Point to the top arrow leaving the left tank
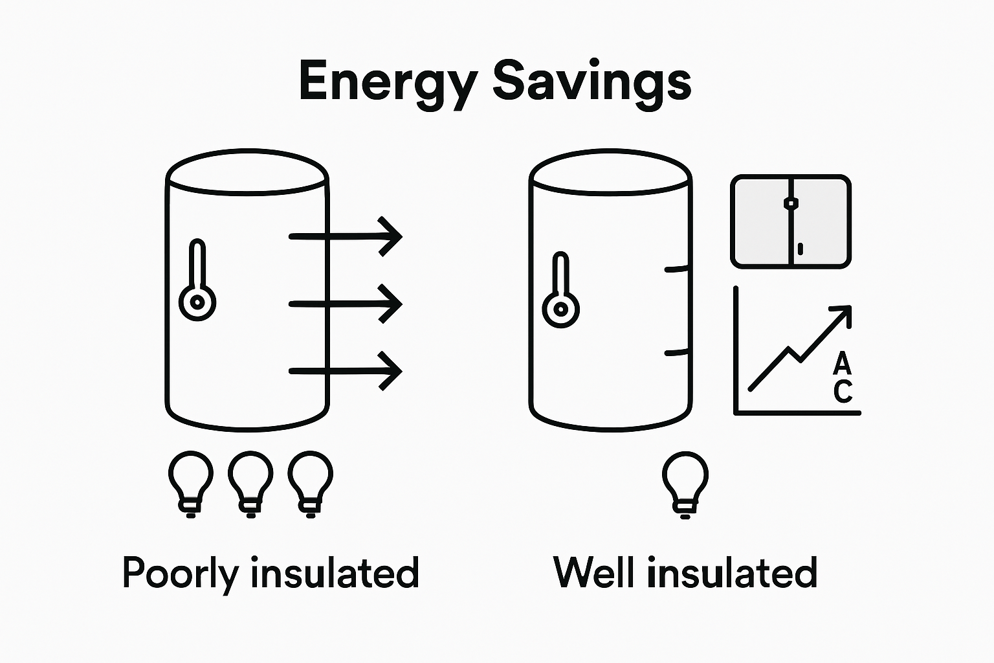(346, 237)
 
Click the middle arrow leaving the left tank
(346, 304)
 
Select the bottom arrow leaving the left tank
(346, 371)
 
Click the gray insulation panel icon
(791, 221)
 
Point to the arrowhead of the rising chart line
(842, 315)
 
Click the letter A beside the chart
(842, 364)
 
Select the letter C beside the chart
(843, 391)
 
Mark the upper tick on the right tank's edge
(677, 269)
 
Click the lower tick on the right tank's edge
(677, 352)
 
